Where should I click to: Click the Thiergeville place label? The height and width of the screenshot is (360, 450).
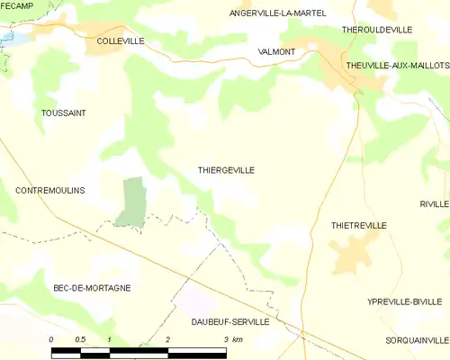click(226, 170)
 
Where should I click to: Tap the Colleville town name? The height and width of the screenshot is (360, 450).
click(121, 41)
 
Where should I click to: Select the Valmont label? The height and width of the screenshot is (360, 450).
click(276, 52)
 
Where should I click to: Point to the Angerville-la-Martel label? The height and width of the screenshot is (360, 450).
click(277, 13)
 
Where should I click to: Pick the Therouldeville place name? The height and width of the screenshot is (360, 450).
click(376, 30)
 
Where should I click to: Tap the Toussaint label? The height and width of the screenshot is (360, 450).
click(64, 113)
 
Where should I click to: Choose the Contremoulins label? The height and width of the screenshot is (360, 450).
click(49, 191)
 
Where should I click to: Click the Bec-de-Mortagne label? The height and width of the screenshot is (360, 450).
click(92, 288)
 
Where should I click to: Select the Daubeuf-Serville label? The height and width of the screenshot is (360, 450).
click(229, 320)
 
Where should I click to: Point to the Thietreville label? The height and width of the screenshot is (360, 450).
click(359, 225)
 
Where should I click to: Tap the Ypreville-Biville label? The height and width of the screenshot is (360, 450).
click(403, 301)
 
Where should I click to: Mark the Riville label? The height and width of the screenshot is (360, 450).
click(434, 205)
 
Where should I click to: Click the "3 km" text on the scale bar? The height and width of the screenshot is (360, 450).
click(232, 339)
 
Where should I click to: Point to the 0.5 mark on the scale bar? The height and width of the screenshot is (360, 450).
click(80, 339)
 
